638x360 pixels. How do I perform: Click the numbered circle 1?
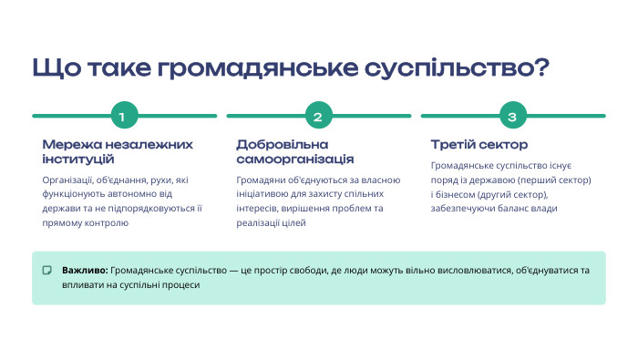click(124, 117)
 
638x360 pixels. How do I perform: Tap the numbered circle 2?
click(318, 117)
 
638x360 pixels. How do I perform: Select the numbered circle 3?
click(512, 117)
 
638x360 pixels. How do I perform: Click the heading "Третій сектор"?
click(478, 145)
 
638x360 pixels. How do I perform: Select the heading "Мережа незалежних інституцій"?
click(118, 151)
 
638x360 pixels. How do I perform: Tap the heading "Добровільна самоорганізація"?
click(295, 151)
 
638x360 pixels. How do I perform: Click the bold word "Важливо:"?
click(85, 271)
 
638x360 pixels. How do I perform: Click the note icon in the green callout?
click(47, 271)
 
